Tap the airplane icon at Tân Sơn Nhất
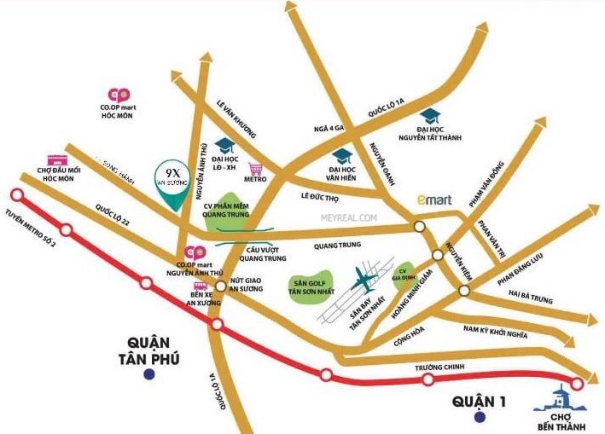(x=365, y=281)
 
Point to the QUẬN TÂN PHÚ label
(x=150, y=350)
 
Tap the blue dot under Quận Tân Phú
(x=150, y=373)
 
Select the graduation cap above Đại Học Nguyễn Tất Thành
(x=429, y=116)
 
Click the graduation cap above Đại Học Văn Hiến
(x=342, y=155)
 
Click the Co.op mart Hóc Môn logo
(x=119, y=95)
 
